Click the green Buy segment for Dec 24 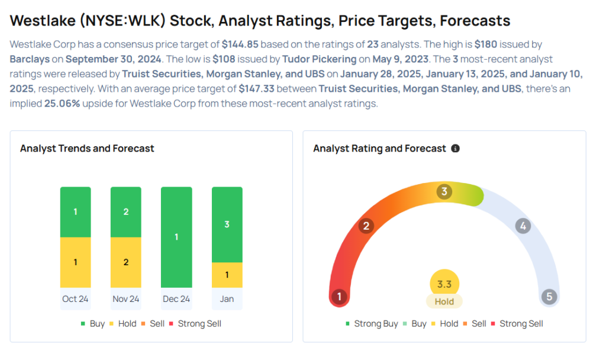[176, 237]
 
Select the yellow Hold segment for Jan [227, 275]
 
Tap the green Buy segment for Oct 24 [75, 211]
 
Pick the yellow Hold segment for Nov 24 [126, 262]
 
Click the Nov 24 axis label [126, 298]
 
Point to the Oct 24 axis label [75, 298]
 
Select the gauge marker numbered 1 [339, 297]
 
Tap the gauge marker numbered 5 [549, 297]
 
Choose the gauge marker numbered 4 [523, 226]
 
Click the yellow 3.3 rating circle [444, 284]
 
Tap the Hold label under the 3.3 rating [444, 301]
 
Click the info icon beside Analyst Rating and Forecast [455, 149]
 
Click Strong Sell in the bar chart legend [199, 324]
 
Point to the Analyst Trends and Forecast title [87, 149]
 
